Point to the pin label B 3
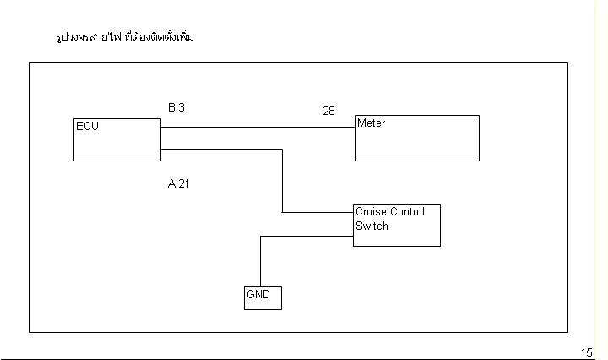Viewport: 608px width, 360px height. [176, 107]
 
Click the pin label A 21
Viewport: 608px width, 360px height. [178, 183]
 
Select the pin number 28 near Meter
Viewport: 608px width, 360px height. [328, 111]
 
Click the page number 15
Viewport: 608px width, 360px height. [587, 352]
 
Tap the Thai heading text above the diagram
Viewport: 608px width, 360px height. [124, 37]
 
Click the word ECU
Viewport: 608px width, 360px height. [87, 127]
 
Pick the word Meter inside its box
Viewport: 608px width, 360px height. [371, 123]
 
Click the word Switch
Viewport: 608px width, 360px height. [372, 226]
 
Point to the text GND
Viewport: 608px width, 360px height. [257, 295]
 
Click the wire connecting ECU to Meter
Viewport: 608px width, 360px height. [253, 128]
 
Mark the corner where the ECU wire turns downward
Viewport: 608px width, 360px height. [282, 150]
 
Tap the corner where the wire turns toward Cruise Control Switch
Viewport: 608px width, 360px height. [282, 212]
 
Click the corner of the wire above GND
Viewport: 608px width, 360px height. [260, 237]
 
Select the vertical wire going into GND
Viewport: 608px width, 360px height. [260, 262]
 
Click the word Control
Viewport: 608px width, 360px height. [407, 212]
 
